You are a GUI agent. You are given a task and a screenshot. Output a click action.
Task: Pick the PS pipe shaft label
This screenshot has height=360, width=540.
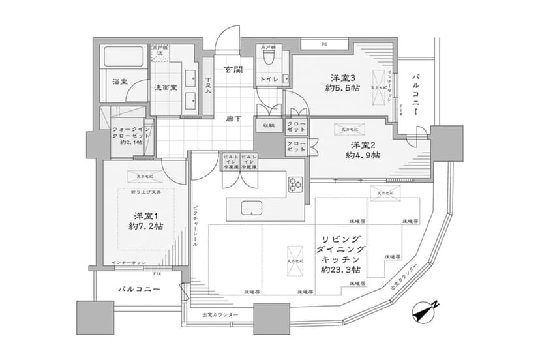(324, 44)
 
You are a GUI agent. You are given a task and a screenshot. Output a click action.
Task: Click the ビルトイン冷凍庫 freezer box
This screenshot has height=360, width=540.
(230, 162)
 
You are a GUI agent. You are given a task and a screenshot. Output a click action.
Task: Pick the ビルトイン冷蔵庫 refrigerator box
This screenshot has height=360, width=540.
(248, 162)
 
